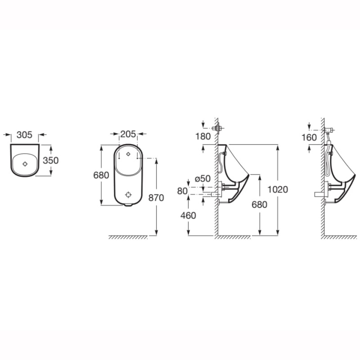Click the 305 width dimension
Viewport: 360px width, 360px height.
25,135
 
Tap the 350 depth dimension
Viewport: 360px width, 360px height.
51,160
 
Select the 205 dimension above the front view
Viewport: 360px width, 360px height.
128,134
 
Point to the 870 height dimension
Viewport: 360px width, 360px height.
156,198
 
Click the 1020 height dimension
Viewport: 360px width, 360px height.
277,189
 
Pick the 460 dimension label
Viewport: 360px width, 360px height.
188,216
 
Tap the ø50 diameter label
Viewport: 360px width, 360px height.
202,179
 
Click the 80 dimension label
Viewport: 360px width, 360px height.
183,191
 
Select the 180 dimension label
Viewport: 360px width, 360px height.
203,136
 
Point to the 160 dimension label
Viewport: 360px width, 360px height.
309,138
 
